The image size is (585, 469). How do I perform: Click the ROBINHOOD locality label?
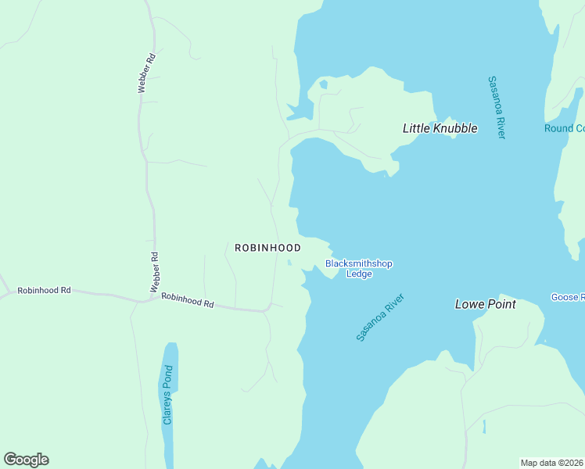(267, 247)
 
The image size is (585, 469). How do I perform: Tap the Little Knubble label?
(440, 128)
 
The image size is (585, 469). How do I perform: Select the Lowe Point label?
(485, 304)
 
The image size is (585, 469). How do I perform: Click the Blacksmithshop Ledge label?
(358, 269)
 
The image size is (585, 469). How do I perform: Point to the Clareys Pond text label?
(167, 395)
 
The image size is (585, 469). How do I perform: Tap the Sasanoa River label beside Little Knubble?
(497, 107)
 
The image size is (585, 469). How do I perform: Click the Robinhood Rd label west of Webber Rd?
(44, 290)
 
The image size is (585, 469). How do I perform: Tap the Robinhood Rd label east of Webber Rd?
(188, 299)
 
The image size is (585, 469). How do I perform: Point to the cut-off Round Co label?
(564, 128)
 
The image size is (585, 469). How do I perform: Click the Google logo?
(26, 460)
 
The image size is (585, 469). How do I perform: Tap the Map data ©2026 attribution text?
(552, 463)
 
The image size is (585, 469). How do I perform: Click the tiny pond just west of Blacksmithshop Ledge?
(289, 263)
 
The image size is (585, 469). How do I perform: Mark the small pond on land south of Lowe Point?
(484, 427)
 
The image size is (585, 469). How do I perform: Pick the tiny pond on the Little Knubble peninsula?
(323, 84)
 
